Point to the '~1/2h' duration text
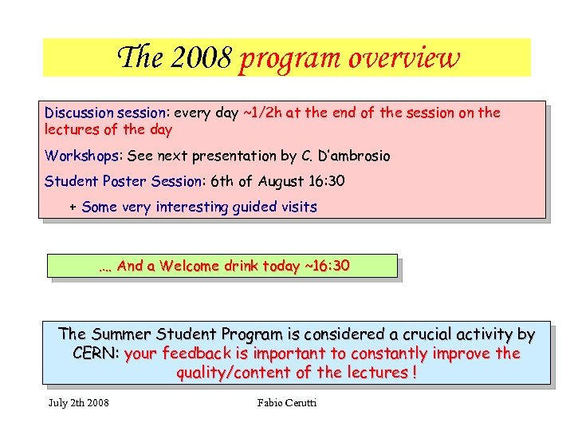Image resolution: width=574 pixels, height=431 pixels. click(261, 113)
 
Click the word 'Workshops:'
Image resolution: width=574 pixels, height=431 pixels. click(78, 155)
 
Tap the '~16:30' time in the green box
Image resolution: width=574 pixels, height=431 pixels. click(326, 266)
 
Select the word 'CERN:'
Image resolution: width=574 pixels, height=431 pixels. click(96, 354)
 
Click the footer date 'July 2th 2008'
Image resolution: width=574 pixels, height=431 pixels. click(78, 402)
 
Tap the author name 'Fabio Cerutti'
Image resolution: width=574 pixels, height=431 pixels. click(287, 402)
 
